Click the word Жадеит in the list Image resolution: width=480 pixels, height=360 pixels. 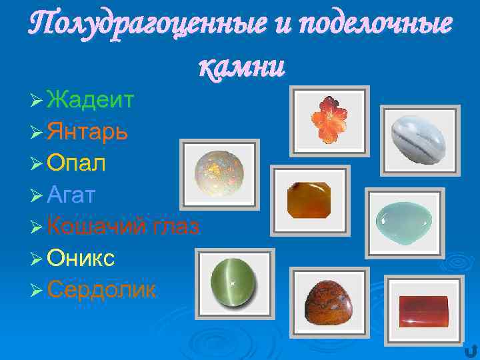click(91, 101)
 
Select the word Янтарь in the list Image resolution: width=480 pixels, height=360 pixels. click(88, 132)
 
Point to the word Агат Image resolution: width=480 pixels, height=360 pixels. click(72, 195)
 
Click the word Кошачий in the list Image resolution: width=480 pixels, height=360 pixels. click(95, 226)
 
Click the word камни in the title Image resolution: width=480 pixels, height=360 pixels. click(241, 65)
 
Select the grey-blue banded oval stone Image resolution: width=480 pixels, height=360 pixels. click(419, 139)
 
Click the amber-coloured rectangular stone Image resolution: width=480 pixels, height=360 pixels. click(309, 199)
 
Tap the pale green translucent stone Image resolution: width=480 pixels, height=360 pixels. click(404, 220)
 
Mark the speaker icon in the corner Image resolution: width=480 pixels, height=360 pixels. click(471, 350)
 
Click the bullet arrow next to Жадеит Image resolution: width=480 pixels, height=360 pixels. click(37, 101)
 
